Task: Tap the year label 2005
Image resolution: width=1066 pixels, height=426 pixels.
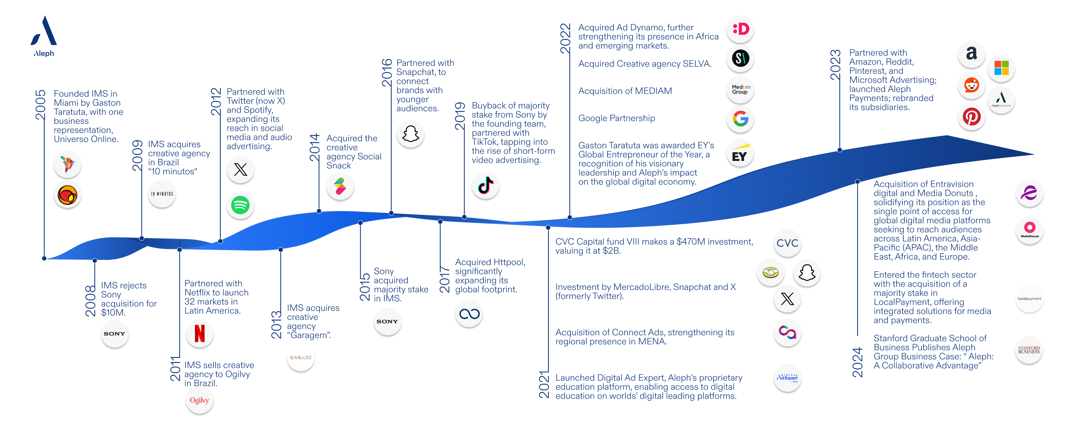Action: (x=40, y=105)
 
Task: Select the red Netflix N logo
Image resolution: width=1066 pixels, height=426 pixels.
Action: (x=199, y=333)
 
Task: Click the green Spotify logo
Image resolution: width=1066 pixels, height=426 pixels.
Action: (x=240, y=205)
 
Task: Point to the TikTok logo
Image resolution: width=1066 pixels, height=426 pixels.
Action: (x=485, y=185)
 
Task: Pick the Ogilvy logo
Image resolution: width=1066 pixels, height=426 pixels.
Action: (x=199, y=400)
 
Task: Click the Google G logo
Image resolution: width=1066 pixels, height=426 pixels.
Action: (x=740, y=119)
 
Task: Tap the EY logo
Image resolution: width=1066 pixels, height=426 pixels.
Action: (x=740, y=153)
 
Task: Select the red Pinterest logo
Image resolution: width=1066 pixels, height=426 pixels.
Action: (x=971, y=117)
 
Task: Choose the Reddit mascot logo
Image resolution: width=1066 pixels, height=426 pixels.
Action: (x=971, y=86)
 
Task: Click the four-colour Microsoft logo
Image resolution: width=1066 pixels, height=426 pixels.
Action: (x=1001, y=68)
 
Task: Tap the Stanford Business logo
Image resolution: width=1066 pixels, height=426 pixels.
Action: (x=1029, y=350)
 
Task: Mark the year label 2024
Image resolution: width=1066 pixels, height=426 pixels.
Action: (x=858, y=362)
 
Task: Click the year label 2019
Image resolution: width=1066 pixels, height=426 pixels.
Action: (x=460, y=116)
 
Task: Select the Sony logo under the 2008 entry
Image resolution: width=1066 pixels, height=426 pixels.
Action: (x=114, y=334)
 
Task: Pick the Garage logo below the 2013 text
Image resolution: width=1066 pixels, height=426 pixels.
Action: (x=301, y=357)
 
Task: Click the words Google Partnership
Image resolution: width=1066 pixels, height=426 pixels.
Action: (x=617, y=118)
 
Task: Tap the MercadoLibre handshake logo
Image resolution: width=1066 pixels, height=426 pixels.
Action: (x=771, y=273)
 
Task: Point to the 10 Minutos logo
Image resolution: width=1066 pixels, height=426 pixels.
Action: (x=162, y=194)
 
